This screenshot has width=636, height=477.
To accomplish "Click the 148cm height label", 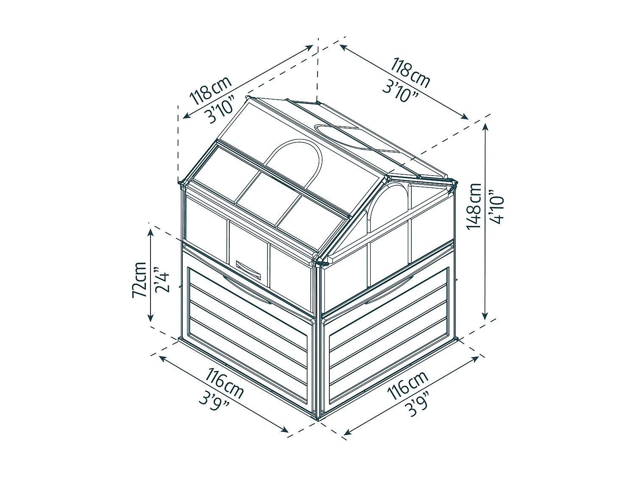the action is click(x=474, y=206).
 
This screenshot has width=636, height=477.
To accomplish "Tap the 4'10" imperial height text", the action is click(x=496, y=206).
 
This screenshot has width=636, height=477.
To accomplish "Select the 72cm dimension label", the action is click(x=139, y=279).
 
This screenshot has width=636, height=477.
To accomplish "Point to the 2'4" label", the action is click(x=162, y=280).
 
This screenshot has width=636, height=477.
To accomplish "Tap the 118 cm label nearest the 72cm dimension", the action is click(x=211, y=90).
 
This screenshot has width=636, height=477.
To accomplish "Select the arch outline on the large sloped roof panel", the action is click(x=293, y=140).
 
